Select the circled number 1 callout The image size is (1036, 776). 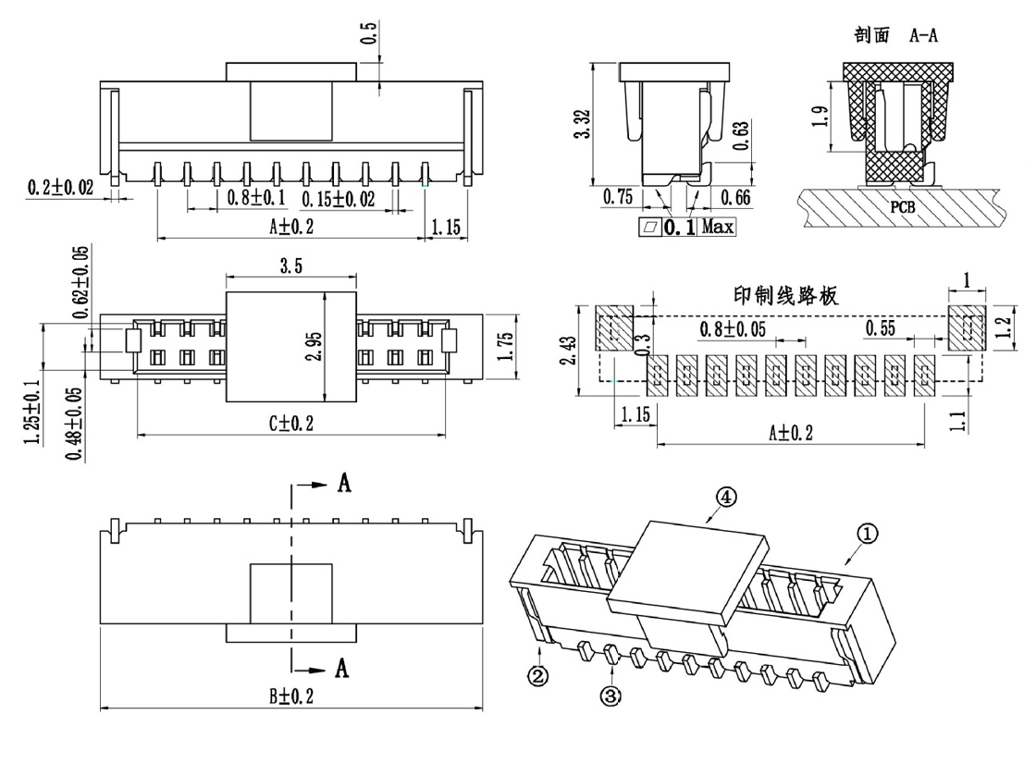[867, 534]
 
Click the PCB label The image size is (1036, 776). [904, 206]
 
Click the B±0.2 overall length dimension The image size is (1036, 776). [291, 696]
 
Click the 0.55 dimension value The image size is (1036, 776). [882, 328]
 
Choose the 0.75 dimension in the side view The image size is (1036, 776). [618, 196]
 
